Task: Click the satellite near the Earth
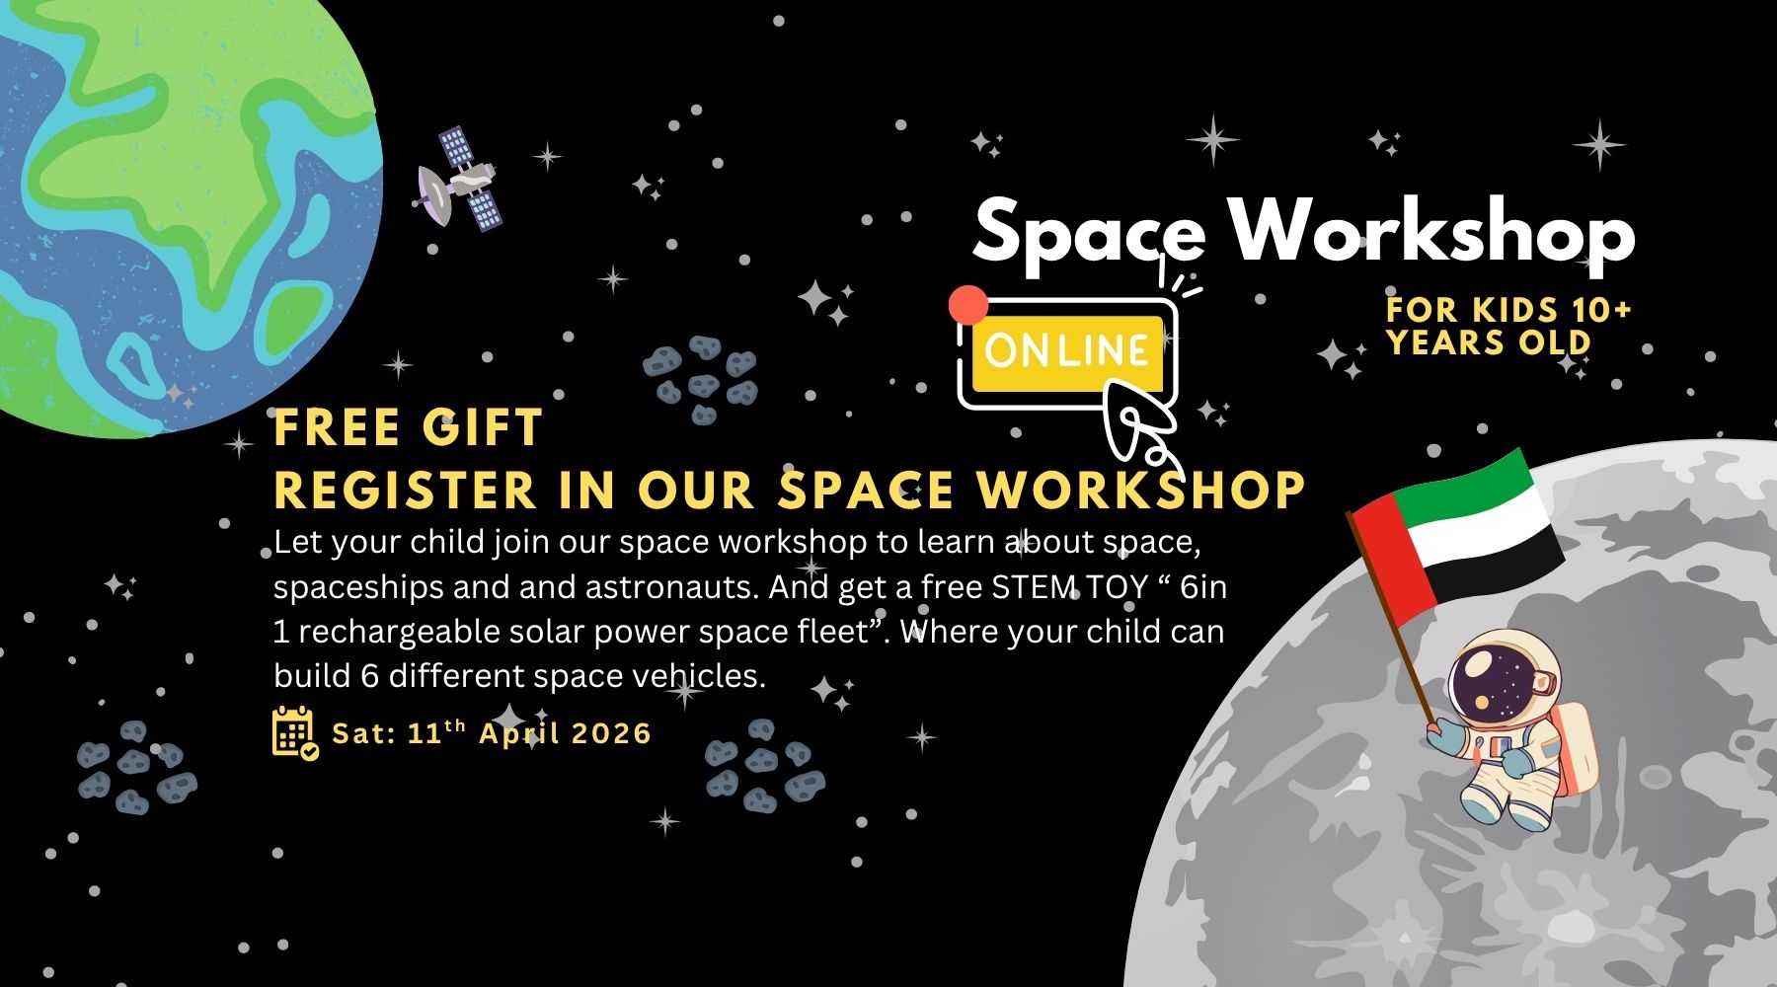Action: tap(458, 179)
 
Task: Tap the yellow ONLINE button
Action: tap(1066, 351)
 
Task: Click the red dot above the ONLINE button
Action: tap(967, 305)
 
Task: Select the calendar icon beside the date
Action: tap(294, 732)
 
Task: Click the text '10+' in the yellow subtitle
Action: tap(1601, 310)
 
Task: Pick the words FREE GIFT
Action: tap(408, 428)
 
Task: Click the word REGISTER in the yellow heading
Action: tap(405, 490)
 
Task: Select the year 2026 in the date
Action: tap(611, 733)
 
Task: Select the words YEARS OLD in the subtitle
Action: tap(1489, 342)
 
